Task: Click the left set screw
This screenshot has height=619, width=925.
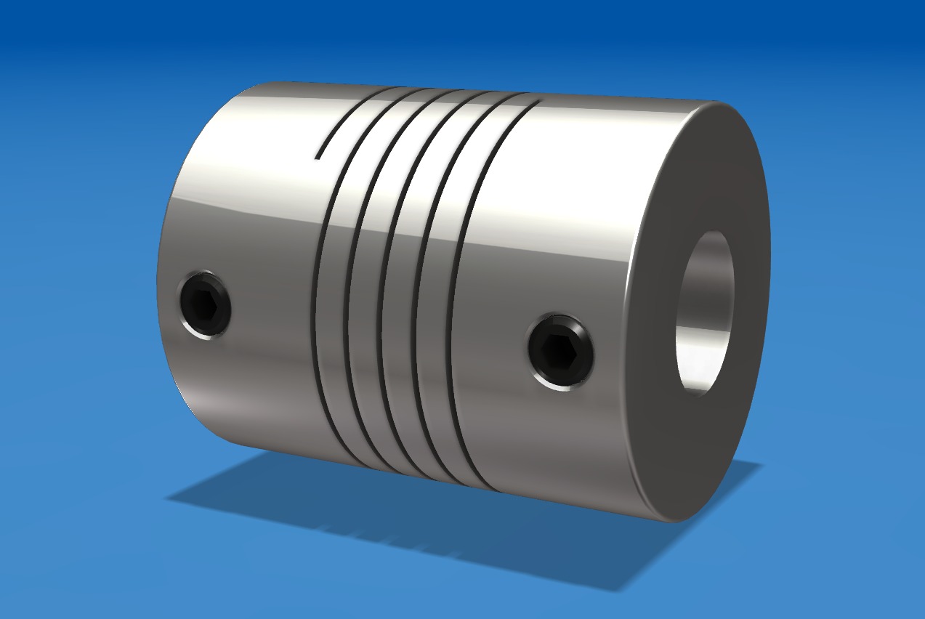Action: click(204, 304)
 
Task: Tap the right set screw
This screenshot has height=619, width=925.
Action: click(560, 352)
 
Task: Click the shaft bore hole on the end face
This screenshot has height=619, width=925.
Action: click(704, 313)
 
